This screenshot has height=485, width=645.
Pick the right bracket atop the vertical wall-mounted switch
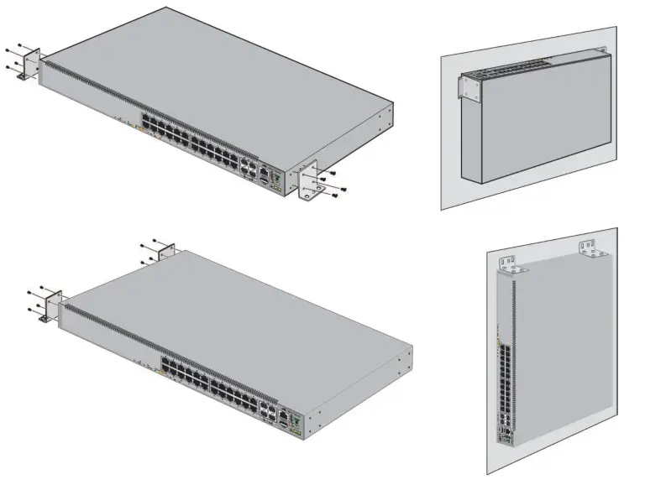(590, 248)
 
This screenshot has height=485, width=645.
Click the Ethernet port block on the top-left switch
(193, 138)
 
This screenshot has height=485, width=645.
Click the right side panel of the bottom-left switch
(361, 386)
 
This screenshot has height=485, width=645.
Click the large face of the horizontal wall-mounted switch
(537, 126)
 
